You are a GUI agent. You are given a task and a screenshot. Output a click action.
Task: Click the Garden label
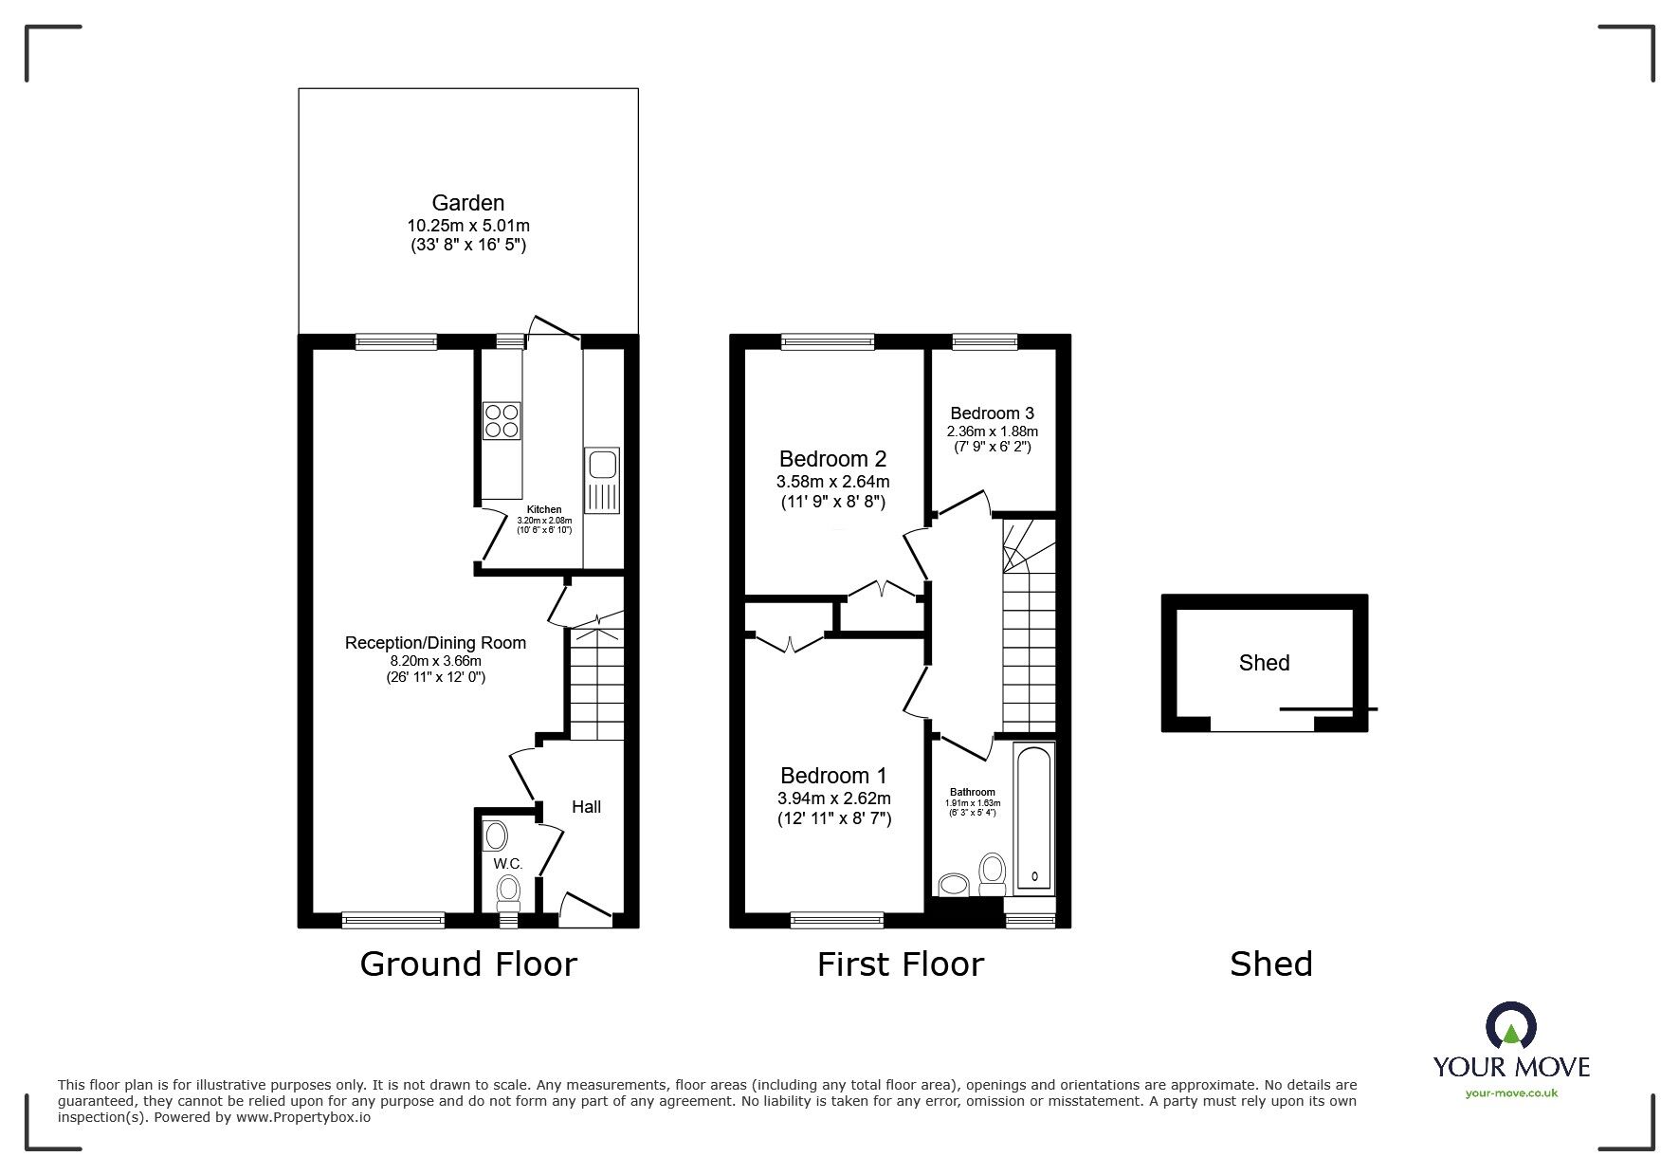tap(467, 203)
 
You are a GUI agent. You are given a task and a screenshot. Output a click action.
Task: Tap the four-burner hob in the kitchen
tap(502, 420)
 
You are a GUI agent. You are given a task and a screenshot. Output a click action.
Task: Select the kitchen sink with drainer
tap(602, 480)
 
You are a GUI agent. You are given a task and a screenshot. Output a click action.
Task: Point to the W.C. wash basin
tap(496, 836)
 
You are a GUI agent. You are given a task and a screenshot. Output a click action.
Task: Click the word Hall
tap(586, 807)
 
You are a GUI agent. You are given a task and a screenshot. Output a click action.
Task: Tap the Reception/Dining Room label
tap(435, 643)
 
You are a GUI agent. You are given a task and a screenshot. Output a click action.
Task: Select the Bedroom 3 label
tap(992, 413)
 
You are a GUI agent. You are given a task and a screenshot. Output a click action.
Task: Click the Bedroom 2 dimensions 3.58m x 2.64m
tap(832, 482)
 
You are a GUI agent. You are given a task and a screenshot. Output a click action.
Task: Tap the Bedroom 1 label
tap(832, 776)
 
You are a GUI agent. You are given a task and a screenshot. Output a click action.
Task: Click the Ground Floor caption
tap(468, 964)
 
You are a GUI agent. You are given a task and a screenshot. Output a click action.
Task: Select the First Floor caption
tap(900, 964)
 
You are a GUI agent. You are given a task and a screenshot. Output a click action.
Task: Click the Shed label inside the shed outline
tap(1264, 663)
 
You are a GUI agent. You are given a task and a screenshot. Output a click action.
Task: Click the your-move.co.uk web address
tap(1511, 1093)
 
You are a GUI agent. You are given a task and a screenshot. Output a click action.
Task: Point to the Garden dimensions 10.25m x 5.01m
tap(467, 226)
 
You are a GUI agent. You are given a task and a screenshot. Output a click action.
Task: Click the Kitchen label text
tap(544, 510)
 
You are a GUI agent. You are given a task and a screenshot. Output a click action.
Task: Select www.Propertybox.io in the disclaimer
tap(303, 1117)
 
